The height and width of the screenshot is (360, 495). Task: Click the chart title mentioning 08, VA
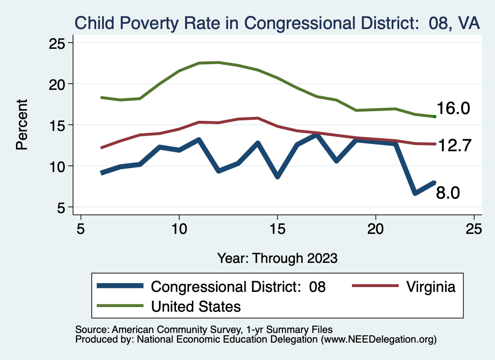click(276, 23)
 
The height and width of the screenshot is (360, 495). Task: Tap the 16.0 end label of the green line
click(453, 109)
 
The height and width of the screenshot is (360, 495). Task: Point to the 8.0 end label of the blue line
click(448, 193)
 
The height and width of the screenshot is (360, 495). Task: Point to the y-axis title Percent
click(22, 124)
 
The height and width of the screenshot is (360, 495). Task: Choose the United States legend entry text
click(196, 306)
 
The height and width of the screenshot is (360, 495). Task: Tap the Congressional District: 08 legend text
click(238, 287)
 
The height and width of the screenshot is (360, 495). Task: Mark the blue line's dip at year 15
click(277, 176)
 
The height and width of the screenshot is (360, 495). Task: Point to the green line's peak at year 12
click(218, 62)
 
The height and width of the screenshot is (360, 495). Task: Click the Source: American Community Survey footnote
click(204, 330)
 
